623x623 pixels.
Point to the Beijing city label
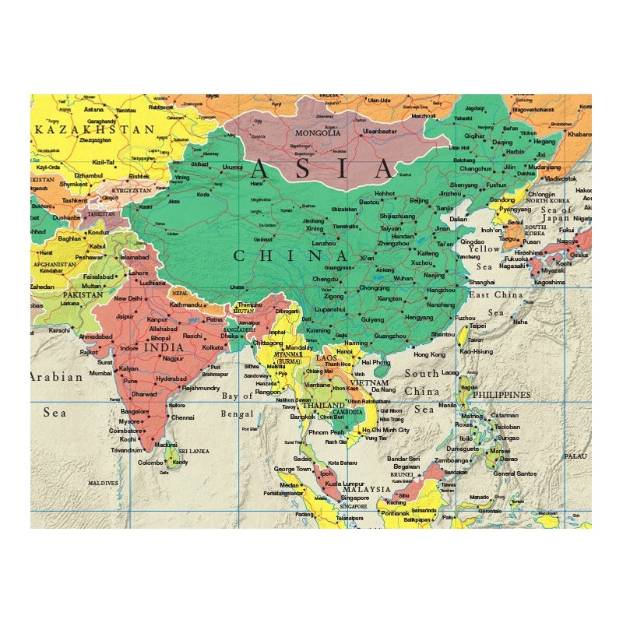(419, 200)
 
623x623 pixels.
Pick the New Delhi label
(128, 298)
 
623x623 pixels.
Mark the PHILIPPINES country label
(502, 395)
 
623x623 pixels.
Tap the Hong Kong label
(429, 354)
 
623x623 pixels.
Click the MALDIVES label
(103, 483)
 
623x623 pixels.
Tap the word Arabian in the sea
(56, 378)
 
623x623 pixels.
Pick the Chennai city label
(183, 417)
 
